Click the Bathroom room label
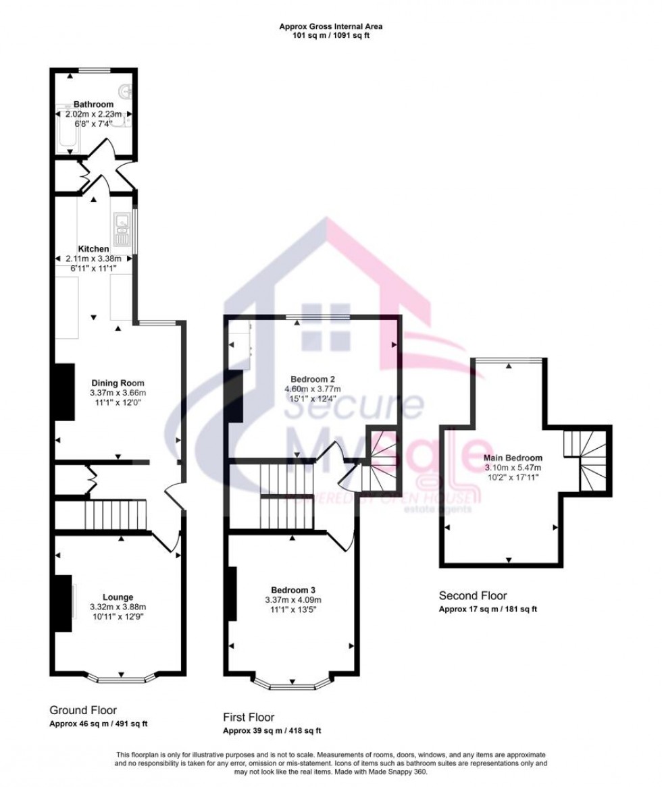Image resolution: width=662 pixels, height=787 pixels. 93,105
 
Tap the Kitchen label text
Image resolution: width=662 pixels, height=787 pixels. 93,248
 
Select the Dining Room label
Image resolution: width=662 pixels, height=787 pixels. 118,383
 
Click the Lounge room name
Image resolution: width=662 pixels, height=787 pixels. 118,597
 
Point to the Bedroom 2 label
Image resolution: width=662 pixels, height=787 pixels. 313,379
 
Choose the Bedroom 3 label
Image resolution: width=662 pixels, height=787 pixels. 292,589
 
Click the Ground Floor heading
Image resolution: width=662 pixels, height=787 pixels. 83,710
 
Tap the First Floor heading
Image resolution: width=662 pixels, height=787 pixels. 249,717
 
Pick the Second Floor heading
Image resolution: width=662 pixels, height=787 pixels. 473,595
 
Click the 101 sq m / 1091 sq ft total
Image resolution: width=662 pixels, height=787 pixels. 331,36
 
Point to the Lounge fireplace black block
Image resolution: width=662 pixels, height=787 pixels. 63,603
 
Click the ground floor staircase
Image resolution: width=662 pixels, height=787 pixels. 116,516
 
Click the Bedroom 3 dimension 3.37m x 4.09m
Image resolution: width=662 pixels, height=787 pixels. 292,600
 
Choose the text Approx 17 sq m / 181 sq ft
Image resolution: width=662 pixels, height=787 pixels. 488,609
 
